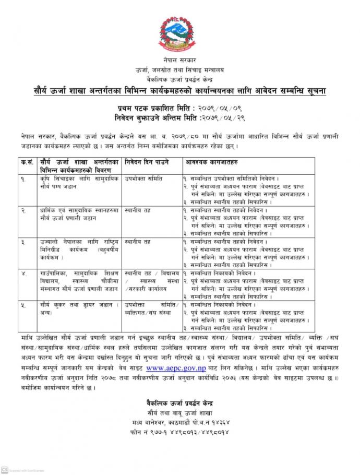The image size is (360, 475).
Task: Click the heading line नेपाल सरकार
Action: [180, 61]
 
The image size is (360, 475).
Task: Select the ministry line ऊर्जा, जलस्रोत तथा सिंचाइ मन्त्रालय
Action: [180, 70]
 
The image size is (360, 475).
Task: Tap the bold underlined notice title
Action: [181, 91]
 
